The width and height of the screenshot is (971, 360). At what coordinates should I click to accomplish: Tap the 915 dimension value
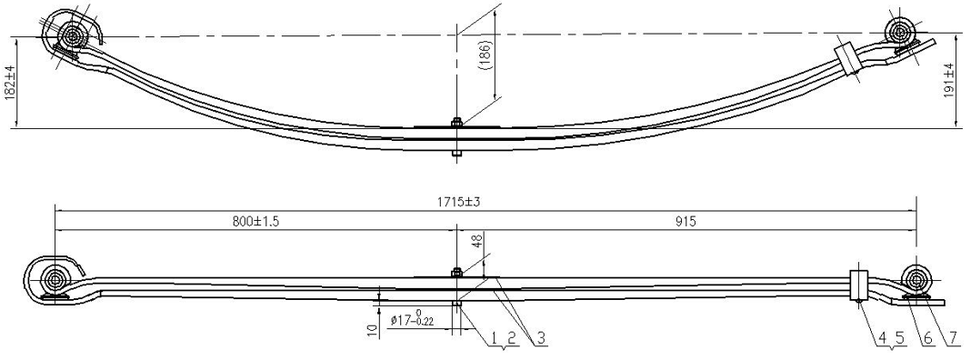[x=686, y=222]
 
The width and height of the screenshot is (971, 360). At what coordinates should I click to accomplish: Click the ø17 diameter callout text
[x=413, y=319]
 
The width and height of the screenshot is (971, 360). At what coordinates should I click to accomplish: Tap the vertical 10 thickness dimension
[x=372, y=329]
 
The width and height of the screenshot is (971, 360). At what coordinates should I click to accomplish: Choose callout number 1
[x=495, y=337]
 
